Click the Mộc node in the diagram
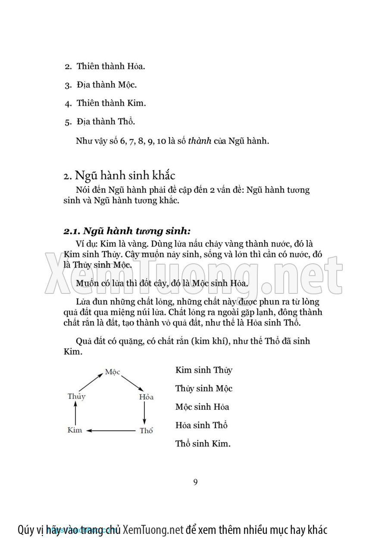click(113, 372)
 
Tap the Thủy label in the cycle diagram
click(76, 396)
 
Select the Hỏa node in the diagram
click(146, 397)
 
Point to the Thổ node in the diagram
click(146, 430)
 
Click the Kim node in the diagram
click(75, 430)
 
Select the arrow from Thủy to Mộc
click(91, 382)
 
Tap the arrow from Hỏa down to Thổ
click(144, 414)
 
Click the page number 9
click(195, 482)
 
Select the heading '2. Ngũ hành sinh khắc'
click(119, 176)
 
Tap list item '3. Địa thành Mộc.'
click(101, 85)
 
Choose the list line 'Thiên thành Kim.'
click(111, 103)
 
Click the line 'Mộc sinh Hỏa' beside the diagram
click(202, 407)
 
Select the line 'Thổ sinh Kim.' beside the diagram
click(203, 443)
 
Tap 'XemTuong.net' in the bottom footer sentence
click(153, 530)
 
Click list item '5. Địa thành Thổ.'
click(100, 122)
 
